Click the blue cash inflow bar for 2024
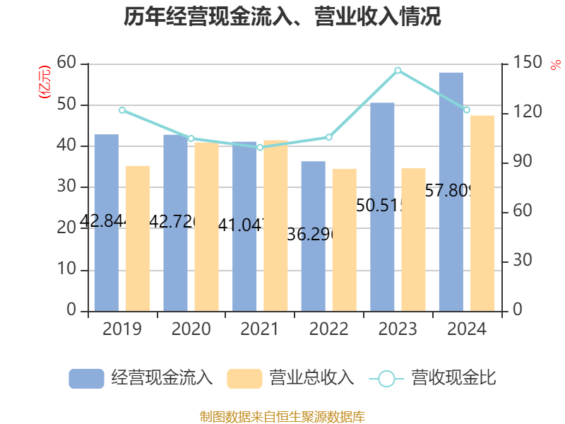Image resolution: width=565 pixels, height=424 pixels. pyautogui.click(x=451, y=191)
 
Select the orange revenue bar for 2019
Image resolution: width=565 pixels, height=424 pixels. pyautogui.click(x=138, y=238)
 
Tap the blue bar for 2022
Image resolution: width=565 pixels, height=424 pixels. pyautogui.click(x=313, y=236)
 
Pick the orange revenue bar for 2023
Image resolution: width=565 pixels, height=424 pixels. pyautogui.click(x=414, y=240)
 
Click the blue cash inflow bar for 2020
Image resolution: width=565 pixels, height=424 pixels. pyautogui.click(x=175, y=223)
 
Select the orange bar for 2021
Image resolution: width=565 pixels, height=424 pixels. pyautogui.click(x=276, y=225)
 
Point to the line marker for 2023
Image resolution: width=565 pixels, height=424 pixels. pyautogui.click(x=398, y=70)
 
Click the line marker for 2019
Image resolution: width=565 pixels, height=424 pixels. pyautogui.click(x=121, y=110)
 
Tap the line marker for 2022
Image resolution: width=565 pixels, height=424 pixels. pyautogui.click(x=328, y=137)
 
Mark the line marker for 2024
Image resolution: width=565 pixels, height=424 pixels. pyautogui.click(x=467, y=110)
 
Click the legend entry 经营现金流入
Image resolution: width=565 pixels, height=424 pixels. pyautogui.click(x=141, y=378)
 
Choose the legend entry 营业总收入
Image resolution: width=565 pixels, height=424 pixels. pyautogui.click(x=290, y=378)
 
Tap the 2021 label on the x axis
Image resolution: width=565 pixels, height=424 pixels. pyautogui.click(x=260, y=329)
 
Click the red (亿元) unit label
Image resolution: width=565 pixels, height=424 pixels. pyautogui.click(x=44, y=82)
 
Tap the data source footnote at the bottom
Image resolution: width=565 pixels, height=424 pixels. pyautogui.click(x=282, y=416)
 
